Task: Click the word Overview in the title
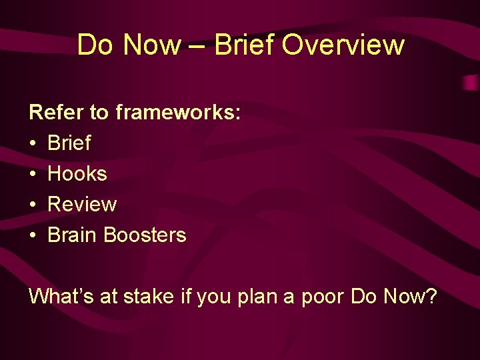[343, 45]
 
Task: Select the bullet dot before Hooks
[33, 174]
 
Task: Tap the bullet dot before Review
[33, 205]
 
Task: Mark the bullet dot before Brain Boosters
[33, 235]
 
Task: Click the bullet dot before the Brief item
[33, 143]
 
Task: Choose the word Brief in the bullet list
[69, 143]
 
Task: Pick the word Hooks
[77, 173]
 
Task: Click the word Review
[82, 204]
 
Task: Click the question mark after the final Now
[431, 296]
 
